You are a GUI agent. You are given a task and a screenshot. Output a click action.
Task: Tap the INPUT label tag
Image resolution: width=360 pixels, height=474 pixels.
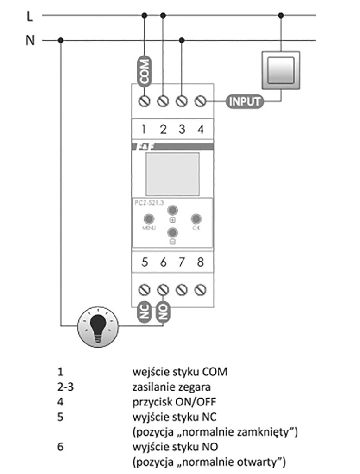click(244, 100)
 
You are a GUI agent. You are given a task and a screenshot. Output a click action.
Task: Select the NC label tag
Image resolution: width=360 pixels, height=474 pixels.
click(145, 313)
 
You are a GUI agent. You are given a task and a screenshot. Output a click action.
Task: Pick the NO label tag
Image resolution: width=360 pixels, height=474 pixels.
click(163, 313)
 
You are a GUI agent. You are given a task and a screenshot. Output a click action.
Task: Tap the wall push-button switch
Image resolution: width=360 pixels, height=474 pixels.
click(281, 70)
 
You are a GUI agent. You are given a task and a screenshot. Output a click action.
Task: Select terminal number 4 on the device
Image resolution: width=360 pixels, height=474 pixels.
click(200, 129)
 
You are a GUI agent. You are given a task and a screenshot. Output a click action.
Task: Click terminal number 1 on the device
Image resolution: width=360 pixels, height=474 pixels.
click(145, 129)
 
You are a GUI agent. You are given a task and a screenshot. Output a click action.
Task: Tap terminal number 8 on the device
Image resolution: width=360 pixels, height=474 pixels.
click(200, 262)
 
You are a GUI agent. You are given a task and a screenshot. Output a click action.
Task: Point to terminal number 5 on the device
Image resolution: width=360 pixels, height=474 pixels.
click(145, 262)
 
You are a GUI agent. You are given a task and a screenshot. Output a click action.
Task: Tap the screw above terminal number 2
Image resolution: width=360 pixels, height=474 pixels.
click(163, 100)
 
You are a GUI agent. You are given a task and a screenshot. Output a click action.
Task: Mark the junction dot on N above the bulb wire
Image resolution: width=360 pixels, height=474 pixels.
click(61, 40)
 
